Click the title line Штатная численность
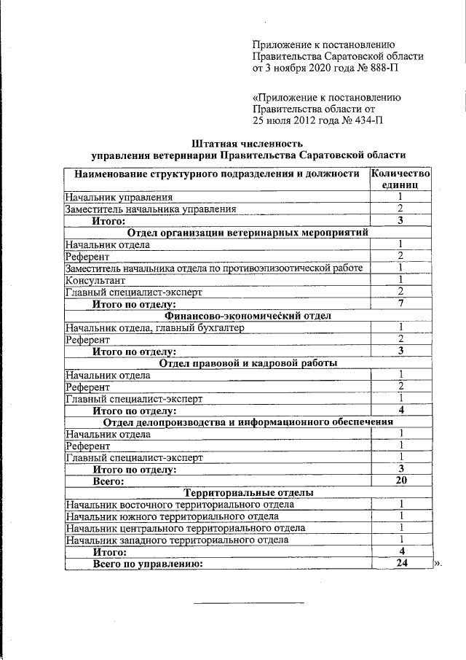click(x=247, y=143)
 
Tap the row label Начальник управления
click(x=119, y=197)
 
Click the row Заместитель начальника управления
click(x=150, y=209)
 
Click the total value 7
click(x=400, y=303)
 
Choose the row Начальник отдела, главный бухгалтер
click(x=154, y=327)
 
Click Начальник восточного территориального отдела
click(x=179, y=504)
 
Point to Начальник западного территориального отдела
click(x=177, y=540)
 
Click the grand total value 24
click(x=400, y=564)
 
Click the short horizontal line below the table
click(x=248, y=602)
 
